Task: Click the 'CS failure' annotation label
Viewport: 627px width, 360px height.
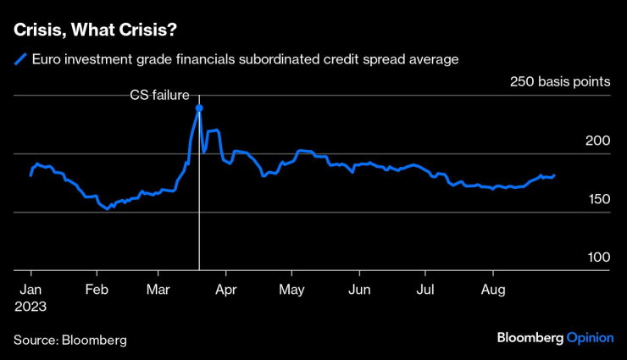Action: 159,96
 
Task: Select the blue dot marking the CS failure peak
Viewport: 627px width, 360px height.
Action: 199,108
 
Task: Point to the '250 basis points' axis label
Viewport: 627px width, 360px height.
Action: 560,82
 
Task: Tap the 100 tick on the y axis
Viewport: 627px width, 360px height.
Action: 598,257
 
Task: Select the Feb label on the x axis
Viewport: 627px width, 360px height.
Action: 97,291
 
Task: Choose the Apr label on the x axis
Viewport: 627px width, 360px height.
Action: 226,291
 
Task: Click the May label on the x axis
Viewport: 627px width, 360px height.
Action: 291,291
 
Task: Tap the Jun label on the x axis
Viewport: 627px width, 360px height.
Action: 359,291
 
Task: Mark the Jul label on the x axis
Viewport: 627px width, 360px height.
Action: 425,291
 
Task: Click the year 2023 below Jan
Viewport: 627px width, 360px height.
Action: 31,307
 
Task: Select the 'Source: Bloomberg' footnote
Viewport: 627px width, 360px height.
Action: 69,340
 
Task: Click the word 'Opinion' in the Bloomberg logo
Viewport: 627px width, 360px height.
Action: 590,337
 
